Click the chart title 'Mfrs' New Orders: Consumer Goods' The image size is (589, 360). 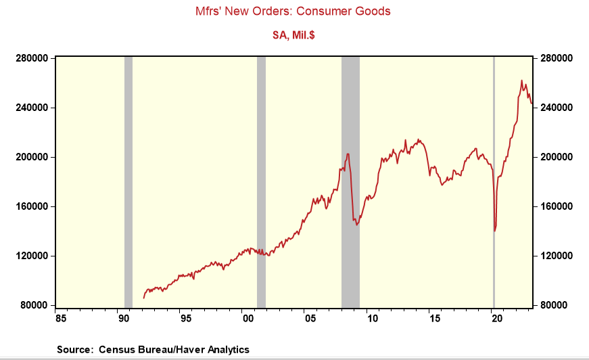point(293,11)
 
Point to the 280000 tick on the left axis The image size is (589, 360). point(31,58)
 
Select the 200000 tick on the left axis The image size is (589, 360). point(31,157)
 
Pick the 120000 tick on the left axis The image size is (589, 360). point(31,256)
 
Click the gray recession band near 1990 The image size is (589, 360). point(128,183)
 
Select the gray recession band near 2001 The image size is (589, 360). point(261,183)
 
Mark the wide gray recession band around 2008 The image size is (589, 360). point(350,183)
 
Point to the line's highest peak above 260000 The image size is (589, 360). point(521,81)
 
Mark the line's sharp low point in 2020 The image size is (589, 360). point(495,231)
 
